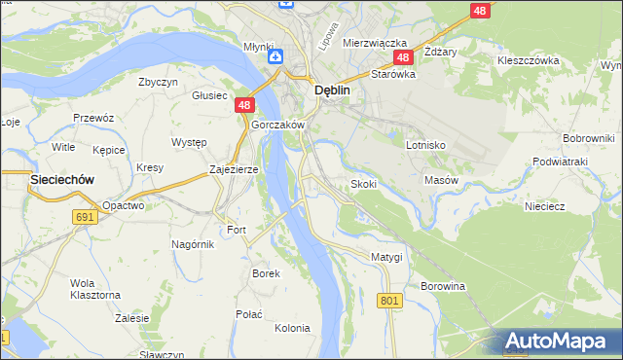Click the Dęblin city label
[331, 90]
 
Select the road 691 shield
[84, 217]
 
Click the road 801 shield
[388, 301]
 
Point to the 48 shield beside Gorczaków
[244, 106]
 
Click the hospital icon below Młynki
[275, 56]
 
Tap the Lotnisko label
[425, 144]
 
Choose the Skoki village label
[363, 184]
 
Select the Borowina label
[443, 286]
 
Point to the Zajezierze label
[234, 169]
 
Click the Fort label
[237, 230]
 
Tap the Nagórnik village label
[193, 243]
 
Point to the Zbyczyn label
[159, 83]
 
